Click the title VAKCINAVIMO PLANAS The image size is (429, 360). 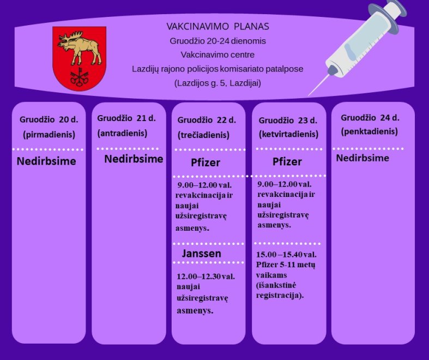pyautogui.click(x=218, y=27)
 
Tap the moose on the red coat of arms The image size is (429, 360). pyautogui.click(x=80, y=47)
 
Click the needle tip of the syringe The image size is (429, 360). pyautogui.click(x=309, y=95)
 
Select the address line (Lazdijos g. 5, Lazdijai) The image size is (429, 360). pyautogui.click(x=218, y=83)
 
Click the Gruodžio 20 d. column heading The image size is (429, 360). pyautogui.click(x=49, y=119)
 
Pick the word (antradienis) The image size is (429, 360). pyautogui.click(x=122, y=133)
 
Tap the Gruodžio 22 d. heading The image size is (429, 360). pyautogui.click(x=207, y=120)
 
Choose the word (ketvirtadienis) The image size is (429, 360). pyautogui.click(x=289, y=134)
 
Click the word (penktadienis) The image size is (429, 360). pyautogui.click(x=370, y=131)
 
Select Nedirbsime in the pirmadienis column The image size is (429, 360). pyautogui.click(x=46, y=161)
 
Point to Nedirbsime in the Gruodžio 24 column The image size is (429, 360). pyautogui.click(x=362, y=158)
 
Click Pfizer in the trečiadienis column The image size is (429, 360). pyautogui.click(x=206, y=163)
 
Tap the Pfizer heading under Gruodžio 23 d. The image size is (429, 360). pyautogui.click(x=287, y=161)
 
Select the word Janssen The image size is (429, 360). pyautogui.click(x=202, y=254)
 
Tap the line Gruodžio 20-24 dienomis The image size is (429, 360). pyautogui.click(x=218, y=41)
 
